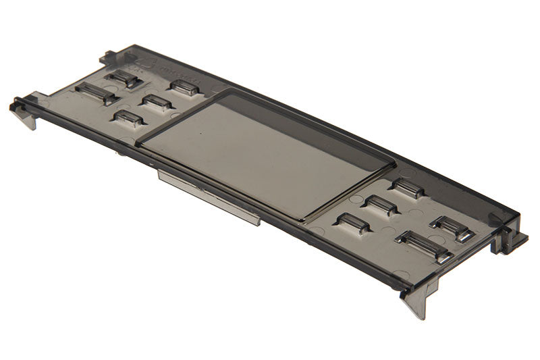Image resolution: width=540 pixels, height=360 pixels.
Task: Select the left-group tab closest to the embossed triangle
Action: [x=124, y=78]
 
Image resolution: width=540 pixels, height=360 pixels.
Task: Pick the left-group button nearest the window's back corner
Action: [x=184, y=87]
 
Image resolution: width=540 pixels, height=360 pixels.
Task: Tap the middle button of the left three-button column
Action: [x=157, y=102]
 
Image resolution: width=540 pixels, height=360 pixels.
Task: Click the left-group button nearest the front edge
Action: [x=129, y=118]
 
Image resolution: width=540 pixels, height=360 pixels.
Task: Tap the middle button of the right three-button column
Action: [x=381, y=205]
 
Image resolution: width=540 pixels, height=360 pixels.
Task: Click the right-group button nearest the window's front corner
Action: [x=354, y=223]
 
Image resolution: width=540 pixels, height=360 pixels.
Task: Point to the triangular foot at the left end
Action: [x=28, y=120]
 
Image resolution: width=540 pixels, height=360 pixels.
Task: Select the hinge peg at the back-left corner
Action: [x=109, y=56]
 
